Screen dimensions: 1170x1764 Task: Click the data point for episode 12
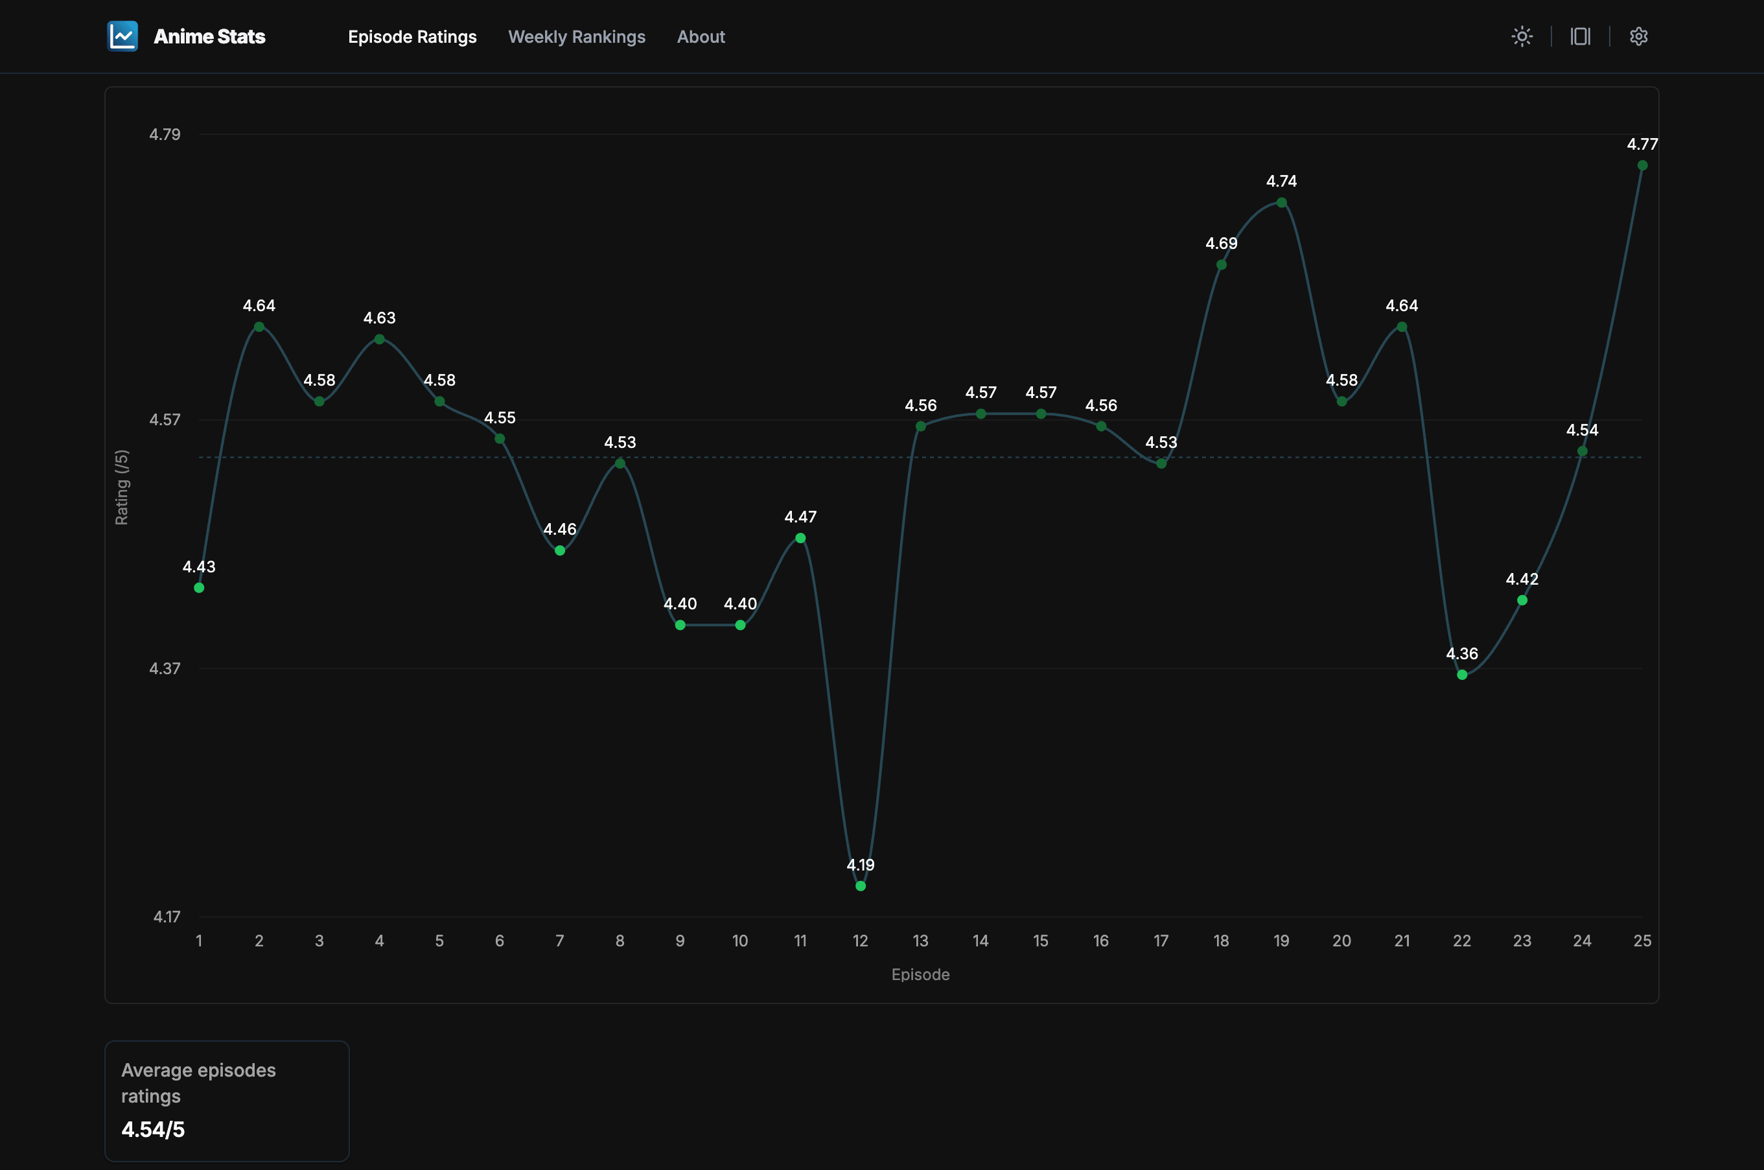(860, 885)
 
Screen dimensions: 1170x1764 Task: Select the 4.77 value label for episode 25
(1642, 144)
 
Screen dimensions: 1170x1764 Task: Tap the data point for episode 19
(1281, 202)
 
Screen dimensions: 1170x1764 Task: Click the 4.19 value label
(860, 865)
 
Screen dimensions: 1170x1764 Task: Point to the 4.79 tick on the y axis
(165, 134)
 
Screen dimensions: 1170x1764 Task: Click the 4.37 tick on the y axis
(165, 668)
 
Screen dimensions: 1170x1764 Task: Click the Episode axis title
(920, 974)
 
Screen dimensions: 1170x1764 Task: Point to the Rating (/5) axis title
(122, 487)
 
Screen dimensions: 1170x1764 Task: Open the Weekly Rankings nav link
(577, 36)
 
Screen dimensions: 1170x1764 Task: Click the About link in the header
(701, 36)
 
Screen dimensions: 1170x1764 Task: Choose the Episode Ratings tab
(412, 36)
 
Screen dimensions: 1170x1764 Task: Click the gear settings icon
(1638, 36)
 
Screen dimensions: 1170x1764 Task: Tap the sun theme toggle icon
(1522, 36)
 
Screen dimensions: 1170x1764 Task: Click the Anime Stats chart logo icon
(122, 36)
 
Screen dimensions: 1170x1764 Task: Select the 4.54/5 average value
(153, 1129)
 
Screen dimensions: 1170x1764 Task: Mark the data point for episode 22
(1462, 675)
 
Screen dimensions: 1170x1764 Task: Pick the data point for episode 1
(199, 588)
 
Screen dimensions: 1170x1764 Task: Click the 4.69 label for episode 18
(1221, 243)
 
